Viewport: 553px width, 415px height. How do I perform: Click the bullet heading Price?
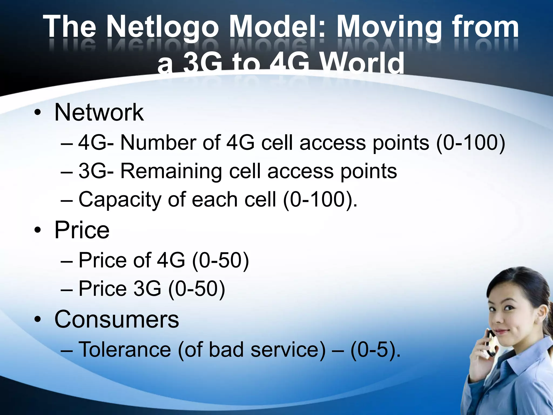click(x=82, y=230)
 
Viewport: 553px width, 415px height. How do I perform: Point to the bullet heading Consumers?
click(x=117, y=319)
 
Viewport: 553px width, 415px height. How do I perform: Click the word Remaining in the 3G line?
click(x=171, y=171)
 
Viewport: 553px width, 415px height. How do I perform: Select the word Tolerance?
click(x=125, y=350)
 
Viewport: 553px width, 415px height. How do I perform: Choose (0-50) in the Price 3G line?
click(x=197, y=289)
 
